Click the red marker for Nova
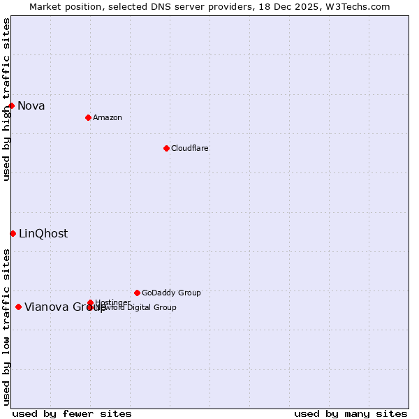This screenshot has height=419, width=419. [x=12, y=105]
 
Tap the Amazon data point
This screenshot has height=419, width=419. [x=88, y=117]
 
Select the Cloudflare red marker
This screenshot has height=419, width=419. [x=166, y=148]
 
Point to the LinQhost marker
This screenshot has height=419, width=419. [x=13, y=233]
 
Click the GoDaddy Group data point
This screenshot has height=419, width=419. [x=137, y=293]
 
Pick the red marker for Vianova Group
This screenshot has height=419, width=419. [x=18, y=307]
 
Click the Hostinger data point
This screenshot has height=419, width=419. [x=90, y=302]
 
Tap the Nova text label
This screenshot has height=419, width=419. [x=31, y=106]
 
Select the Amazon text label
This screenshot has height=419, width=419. [x=108, y=117]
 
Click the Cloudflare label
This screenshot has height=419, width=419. [x=190, y=148]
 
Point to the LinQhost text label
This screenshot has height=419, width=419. [x=43, y=234]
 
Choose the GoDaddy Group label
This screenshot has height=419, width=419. [x=171, y=293]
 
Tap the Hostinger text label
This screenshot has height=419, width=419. [x=112, y=302]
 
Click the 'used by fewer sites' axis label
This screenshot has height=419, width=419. [x=72, y=414]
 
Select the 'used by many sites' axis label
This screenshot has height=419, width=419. [x=351, y=414]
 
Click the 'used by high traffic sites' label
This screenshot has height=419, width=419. [x=6, y=99]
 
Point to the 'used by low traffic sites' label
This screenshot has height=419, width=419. [x=6, y=327]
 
